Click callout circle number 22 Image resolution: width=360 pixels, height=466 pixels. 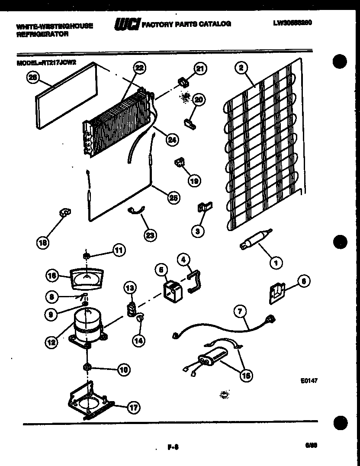click(x=139, y=67)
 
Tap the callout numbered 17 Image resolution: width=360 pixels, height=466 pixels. click(x=134, y=407)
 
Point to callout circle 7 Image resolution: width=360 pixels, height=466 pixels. click(x=241, y=311)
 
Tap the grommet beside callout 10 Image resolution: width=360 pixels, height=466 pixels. click(x=87, y=367)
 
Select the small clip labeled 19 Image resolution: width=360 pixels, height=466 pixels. click(x=180, y=162)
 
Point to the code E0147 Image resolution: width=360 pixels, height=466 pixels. click(x=309, y=382)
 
